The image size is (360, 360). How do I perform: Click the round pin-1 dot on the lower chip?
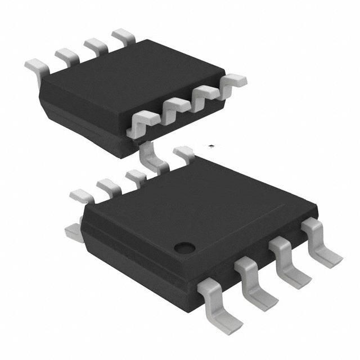click(183, 246)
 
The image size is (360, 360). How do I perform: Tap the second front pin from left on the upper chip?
click(175, 107)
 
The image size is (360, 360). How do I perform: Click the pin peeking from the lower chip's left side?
click(72, 231)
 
